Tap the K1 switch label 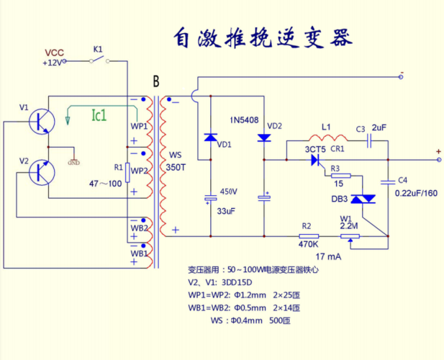tap(99, 49)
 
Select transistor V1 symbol tap(42, 120)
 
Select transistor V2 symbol tap(42, 172)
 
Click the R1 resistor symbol tap(127, 172)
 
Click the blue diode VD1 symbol tap(210, 137)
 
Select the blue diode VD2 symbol tap(264, 137)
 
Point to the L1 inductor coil tap(325, 139)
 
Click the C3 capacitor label tap(361, 129)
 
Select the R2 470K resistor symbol tap(309, 235)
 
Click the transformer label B tap(155, 81)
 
